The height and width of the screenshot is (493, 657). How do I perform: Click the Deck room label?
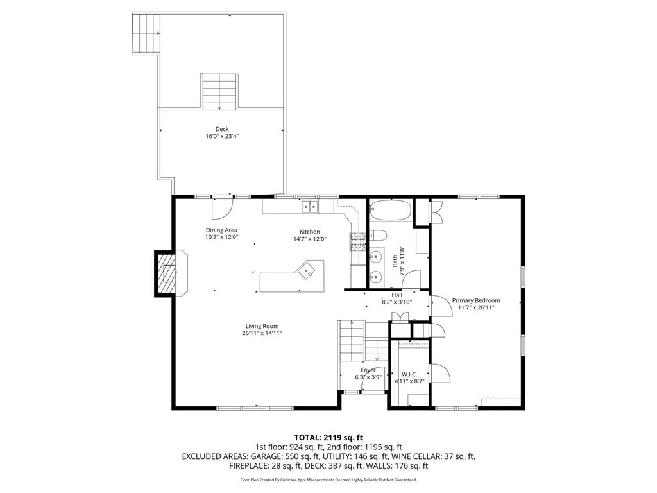point(222,129)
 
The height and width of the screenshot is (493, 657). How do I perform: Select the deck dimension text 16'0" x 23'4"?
point(222,136)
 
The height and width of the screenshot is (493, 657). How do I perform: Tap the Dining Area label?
point(222,230)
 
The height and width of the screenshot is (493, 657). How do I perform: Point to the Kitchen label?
point(309,232)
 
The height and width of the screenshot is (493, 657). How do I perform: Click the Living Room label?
point(262,325)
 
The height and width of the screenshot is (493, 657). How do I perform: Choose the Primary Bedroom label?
point(475,300)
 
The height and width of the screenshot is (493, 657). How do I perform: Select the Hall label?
point(397,295)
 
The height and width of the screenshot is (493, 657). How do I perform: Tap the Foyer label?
point(368,370)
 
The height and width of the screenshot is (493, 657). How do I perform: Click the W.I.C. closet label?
point(409,374)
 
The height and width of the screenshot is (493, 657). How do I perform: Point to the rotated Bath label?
point(395,261)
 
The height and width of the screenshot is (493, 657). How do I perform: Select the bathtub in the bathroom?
point(391,211)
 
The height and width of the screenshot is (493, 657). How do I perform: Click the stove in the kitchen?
point(357,241)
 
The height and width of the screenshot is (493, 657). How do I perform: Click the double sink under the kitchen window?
point(311,206)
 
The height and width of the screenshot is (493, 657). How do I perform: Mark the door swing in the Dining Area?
point(221,207)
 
